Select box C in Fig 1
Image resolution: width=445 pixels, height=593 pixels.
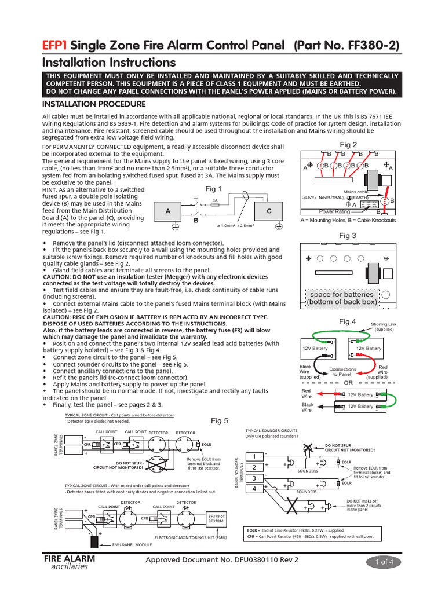269,212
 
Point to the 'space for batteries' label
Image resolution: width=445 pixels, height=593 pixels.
342,298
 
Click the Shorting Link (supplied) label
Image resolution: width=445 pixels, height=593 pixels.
383,327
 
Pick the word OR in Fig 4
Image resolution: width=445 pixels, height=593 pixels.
348,383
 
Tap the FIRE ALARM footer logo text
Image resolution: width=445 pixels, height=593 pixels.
70,559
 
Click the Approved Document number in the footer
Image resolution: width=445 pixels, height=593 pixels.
222,561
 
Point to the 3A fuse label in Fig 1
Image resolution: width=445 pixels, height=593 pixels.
214,200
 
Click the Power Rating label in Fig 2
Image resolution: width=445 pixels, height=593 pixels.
334,212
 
